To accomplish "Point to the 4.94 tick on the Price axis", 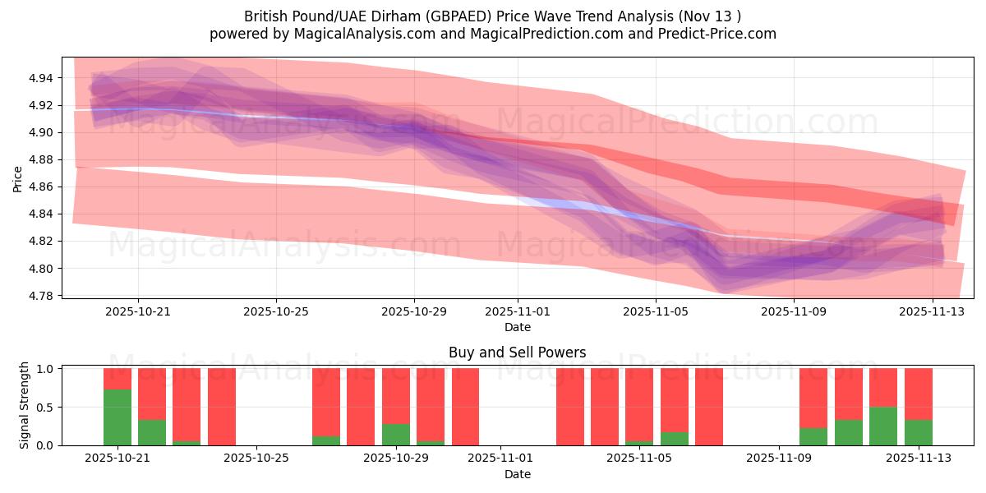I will click(x=40, y=78).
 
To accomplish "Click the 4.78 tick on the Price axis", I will click(x=40, y=296).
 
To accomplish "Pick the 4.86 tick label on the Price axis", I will click(x=40, y=187).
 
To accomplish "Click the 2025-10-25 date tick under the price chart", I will click(x=276, y=311).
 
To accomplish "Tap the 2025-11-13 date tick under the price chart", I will click(x=932, y=311).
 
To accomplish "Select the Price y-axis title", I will click(x=18, y=177).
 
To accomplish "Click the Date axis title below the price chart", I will click(x=518, y=327).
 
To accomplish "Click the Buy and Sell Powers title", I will click(x=518, y=352).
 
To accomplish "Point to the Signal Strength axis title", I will click(x=25, y=405).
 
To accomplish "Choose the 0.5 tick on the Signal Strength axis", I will click(x=46, y=407).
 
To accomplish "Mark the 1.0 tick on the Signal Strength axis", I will click(x=46, y=369).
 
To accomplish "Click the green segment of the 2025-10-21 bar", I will click(x=117, y=417).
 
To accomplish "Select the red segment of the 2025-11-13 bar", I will click(x=919, y=394).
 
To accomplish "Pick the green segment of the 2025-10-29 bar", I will click(x=396, y=435).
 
